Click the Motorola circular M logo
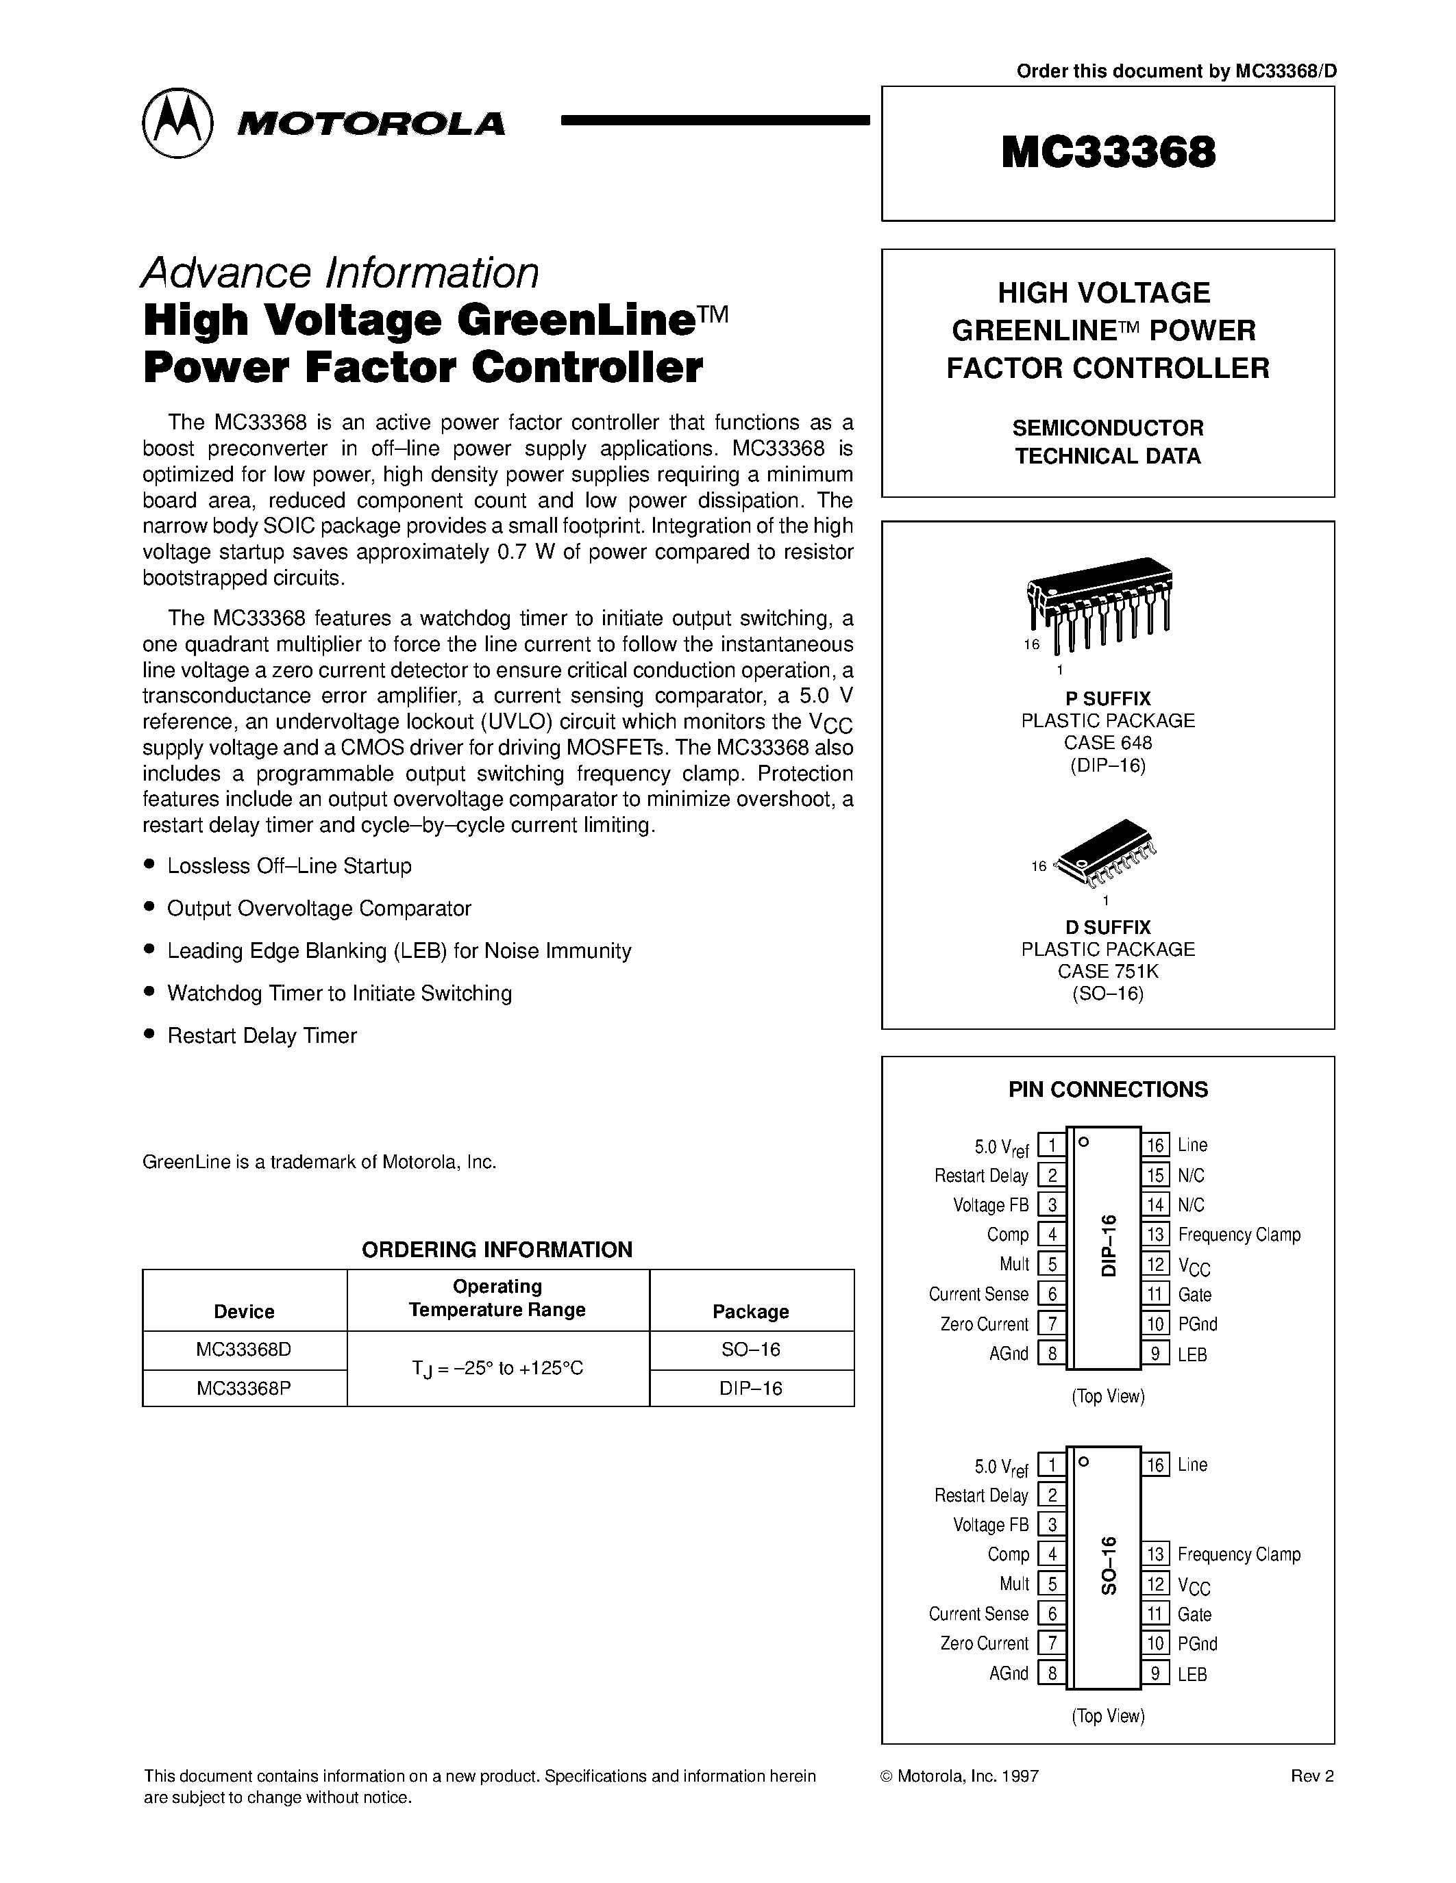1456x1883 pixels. [x=177, y=123]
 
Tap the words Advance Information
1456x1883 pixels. [x=340, y=273]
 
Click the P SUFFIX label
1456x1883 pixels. [x=1107, y=698]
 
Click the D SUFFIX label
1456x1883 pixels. [x=1107, y=927]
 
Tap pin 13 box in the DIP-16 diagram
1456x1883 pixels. [x=1155, y=1235]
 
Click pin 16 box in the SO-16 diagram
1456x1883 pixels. [x=1155, y=1465]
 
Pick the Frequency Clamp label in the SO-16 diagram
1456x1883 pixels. [x=1239, y=1554]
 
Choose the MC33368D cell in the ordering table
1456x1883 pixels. [x=244, y=1350]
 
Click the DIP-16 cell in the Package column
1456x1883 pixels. [x=750, y=1388]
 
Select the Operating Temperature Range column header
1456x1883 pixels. [x=497, y=1298]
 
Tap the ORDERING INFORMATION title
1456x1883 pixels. [x=497, y=1250]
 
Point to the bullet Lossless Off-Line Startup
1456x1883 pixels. [x=289, y=865]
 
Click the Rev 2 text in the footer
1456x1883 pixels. [x=1311, y=1776]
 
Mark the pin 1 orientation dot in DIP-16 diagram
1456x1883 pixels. [x=1084, y=1141]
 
